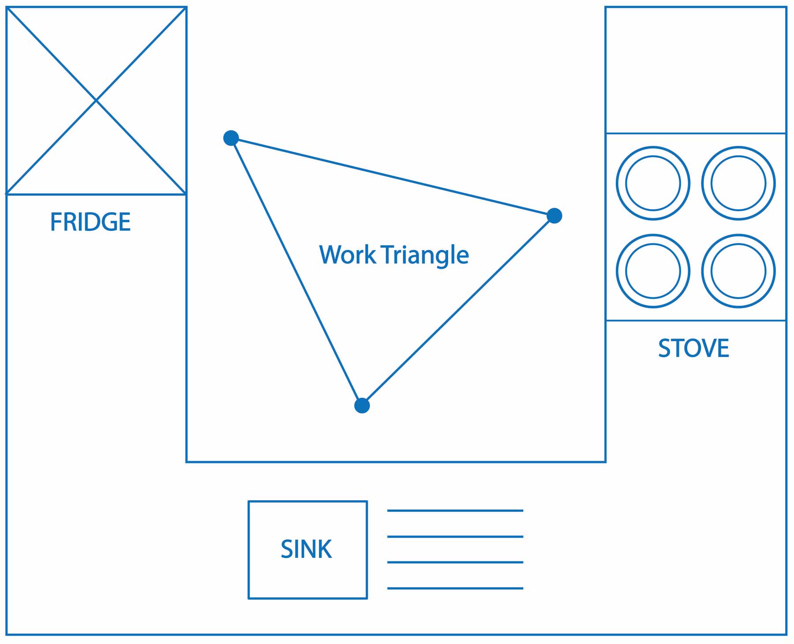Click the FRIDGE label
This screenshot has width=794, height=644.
[90, 222]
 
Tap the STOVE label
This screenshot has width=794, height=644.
[693, 348]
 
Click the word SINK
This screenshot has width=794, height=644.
[306, 549]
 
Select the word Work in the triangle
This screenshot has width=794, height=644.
[347, 255]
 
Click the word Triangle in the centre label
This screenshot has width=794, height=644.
[425, 255]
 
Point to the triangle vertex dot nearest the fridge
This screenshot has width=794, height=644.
[231, 138]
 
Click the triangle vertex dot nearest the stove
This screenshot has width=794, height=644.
[554, 216]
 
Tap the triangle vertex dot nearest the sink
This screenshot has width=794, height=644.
[362, 405]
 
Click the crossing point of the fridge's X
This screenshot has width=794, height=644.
[96, 101]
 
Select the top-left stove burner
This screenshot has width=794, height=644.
[653, 183]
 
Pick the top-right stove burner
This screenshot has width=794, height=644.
[738, 183]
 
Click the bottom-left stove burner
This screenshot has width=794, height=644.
[653, 271]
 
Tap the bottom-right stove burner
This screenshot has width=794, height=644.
[738, 271]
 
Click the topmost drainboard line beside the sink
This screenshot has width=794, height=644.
[455, 511]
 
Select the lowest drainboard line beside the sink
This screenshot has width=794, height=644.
[455, 588]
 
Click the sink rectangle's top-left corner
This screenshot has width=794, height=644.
[249, 501]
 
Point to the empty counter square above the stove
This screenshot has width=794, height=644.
[696, 70]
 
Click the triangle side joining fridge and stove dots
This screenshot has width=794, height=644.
[393, 177]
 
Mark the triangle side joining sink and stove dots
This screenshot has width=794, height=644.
[458, 311]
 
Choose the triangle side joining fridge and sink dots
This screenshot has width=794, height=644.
[296, 271]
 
